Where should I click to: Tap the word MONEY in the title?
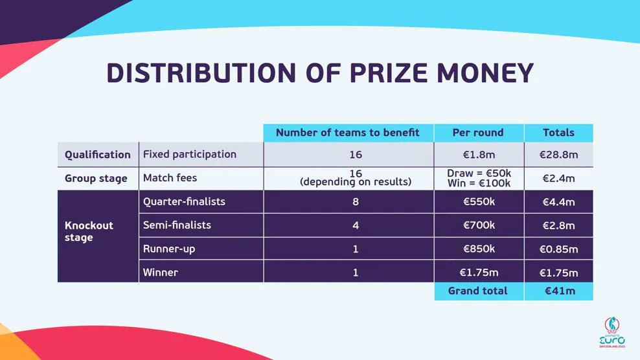[x=486, y=73]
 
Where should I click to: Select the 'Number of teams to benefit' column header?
[x=348, y=133]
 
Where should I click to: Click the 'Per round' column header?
[x=478, y=133]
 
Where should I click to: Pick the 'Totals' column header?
[x=558, y=133]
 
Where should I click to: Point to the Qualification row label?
[x=98, y=155]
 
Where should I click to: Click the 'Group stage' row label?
[x=96, y=178]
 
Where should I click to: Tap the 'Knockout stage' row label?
[x=89, y=231]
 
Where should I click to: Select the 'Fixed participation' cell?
[x=189, y=154]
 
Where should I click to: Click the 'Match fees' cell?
[x=170, y=178]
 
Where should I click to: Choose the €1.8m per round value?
[x=479, y=155]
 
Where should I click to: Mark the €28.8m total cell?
[x=558, y=155]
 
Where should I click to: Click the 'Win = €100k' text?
[x=479, y=183]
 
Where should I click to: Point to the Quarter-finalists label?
[x=184, y=201]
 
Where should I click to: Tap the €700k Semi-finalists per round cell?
[x=479, y=225]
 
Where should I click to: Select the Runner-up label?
[x=169, y=249]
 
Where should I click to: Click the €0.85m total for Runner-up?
[x=558, y=249]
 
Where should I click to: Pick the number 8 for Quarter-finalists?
[x=356, y=201]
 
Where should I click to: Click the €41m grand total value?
[x=560, y=291]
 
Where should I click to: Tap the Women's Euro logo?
[x=612, y=332]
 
